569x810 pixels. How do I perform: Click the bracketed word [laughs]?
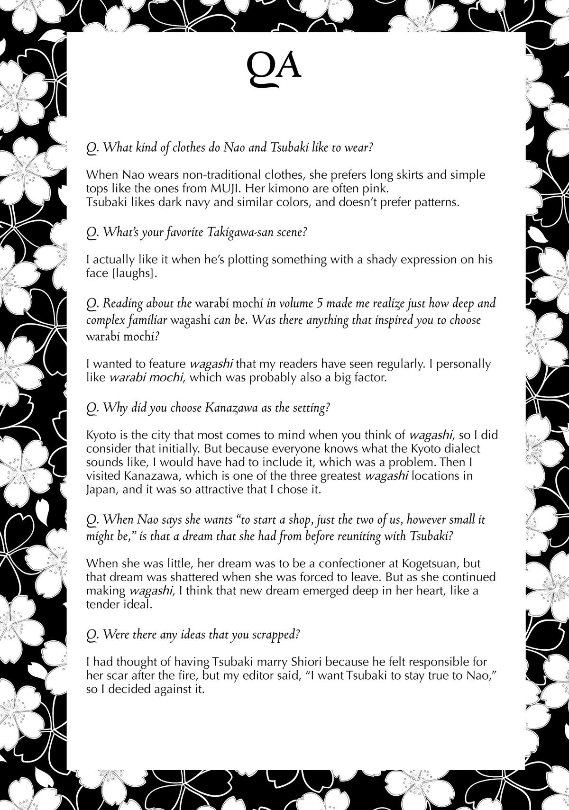click(x=134, y=273)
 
